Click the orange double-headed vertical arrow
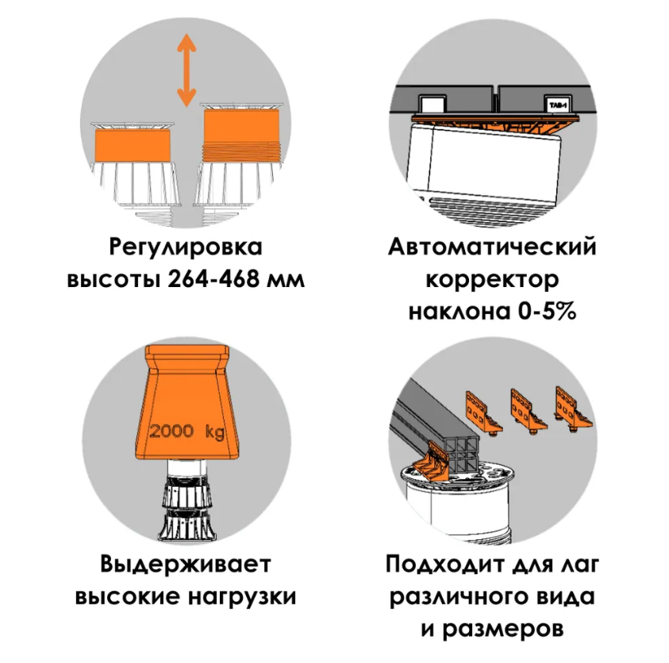(186, 71)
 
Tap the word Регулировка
(186, 247)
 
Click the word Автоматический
(492, 247)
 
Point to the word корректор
(492, 281)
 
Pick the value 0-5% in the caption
(547, 312)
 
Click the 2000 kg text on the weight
(186, 431)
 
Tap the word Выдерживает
(186, 564)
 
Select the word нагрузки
(242, 597)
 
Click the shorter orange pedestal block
(133, 145)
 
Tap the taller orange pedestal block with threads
(241, 136)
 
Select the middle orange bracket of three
(528, 411)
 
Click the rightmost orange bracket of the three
(574, 408)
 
